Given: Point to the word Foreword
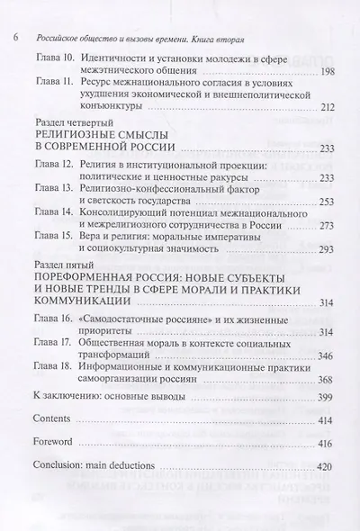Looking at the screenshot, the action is (53, 469).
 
